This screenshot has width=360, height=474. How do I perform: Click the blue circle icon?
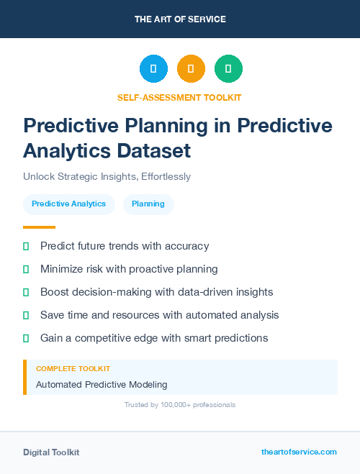153,69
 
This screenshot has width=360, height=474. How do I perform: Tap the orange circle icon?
191,69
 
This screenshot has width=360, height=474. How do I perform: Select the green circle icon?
228,69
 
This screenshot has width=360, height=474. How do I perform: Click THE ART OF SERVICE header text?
180,19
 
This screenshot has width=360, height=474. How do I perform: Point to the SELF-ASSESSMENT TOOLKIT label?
179,97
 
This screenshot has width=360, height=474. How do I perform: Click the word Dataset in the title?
156,150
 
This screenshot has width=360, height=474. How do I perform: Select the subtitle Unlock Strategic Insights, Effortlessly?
107,176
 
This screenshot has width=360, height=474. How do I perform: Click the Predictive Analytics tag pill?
69,204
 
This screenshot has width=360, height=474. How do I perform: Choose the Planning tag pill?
148,204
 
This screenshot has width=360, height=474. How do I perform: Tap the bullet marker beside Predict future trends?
26,246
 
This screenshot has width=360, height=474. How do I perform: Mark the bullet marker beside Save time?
26,315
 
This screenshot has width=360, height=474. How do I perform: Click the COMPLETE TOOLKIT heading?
73,368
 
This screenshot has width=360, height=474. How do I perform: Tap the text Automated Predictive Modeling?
102,385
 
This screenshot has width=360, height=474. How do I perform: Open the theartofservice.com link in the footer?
299,452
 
